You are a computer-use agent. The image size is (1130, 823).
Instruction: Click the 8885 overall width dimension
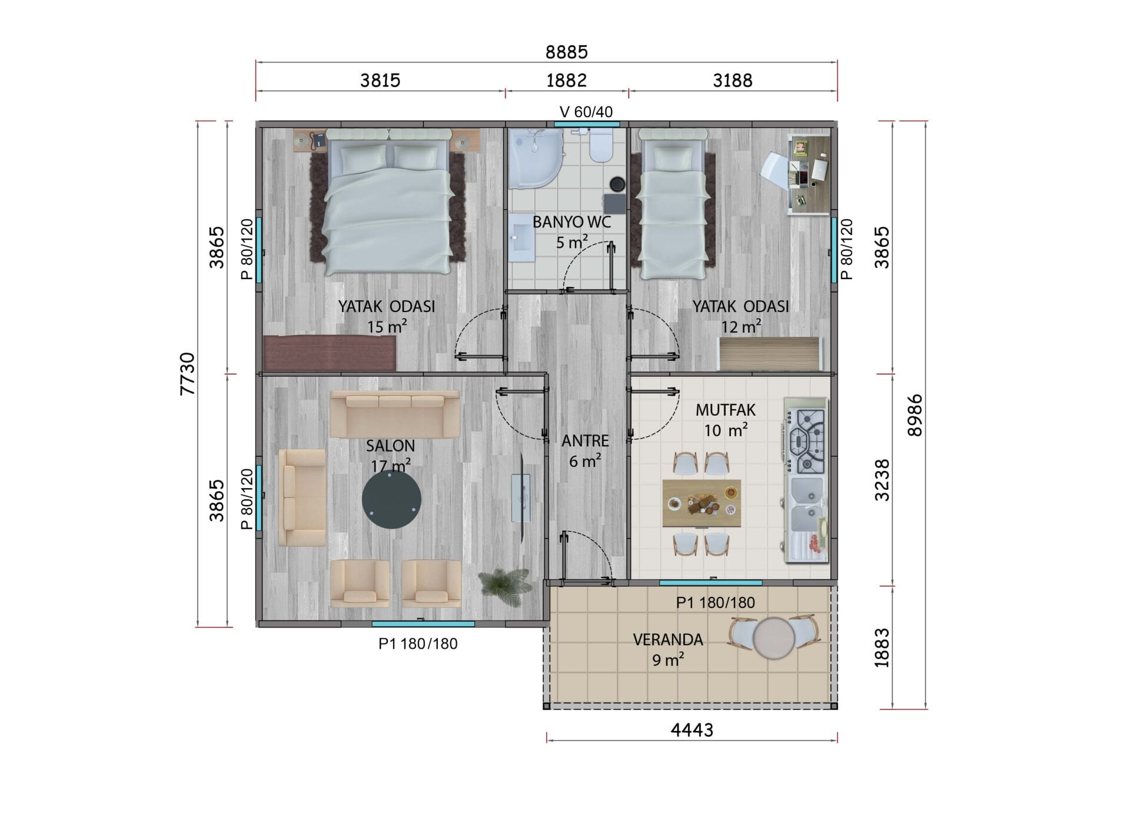(x=566, y=52)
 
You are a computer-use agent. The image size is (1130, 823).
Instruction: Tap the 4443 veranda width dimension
(x=692, y=730)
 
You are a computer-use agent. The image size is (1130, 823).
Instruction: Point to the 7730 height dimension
(x=187, y=373)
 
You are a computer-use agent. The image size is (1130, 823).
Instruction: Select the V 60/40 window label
(x=586, y=111)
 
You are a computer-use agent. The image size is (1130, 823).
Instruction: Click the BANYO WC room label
(x=571, y=223)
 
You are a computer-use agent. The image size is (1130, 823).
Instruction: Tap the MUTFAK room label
(x=725, y=410)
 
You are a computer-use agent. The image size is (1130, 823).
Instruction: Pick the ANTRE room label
(x=585, y=441)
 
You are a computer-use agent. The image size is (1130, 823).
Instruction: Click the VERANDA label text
(x=668, y=639)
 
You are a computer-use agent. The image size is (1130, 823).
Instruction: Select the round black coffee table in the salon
(x=391, y=499)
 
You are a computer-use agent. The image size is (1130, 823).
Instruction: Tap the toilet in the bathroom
(x=601, y=145)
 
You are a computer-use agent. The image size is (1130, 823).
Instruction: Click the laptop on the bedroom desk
(x=820, y=170)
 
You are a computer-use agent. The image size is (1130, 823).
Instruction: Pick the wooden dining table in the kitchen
(x=702, y=503)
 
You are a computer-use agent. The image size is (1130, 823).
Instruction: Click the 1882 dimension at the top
(x=566, y=80)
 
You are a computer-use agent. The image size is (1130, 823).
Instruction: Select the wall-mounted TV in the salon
(x=521, y=498)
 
